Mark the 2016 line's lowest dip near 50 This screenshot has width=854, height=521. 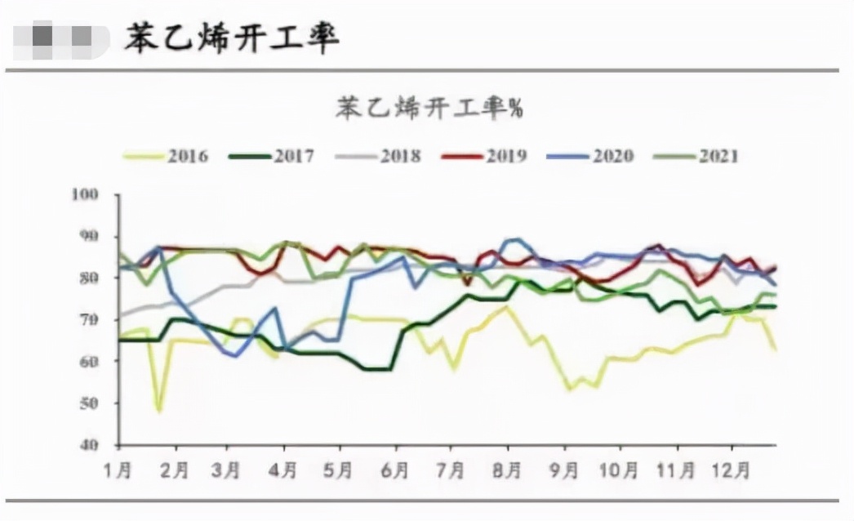pyautogui.click(x=158, y=411)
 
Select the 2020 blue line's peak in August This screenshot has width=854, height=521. pyautogui.click(x=513, y=239)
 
